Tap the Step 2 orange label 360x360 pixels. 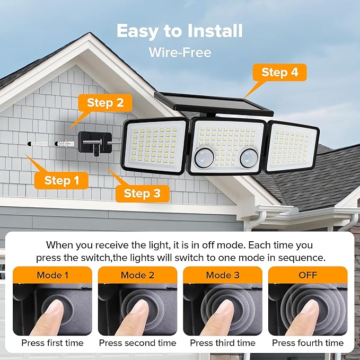coord(105,103)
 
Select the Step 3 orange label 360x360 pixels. coord(142,194)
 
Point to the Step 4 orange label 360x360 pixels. coord(280,73)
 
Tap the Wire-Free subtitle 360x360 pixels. coord(180,52)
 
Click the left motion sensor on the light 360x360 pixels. coord(204,157)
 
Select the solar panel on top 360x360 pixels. coord(213,105)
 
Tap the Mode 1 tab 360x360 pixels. coord(52,275)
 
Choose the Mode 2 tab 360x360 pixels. coord(137,275)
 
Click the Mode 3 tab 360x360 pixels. coord(222,275)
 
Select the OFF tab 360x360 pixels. coord(308,275)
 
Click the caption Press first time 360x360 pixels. coord(52,343)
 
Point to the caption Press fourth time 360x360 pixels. coord(308,343)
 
